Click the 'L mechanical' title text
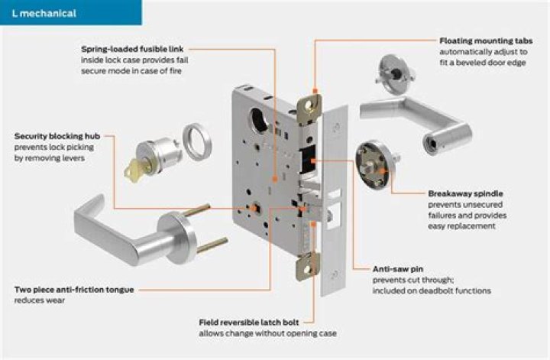pyautogui.click(x=44, y=13)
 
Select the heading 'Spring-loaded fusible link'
pyautogui.click(x=130, y=49)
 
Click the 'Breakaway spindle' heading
pyautogui.click(x=466, y=194)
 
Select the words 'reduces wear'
pyautogui.click(x=37, y=300)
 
